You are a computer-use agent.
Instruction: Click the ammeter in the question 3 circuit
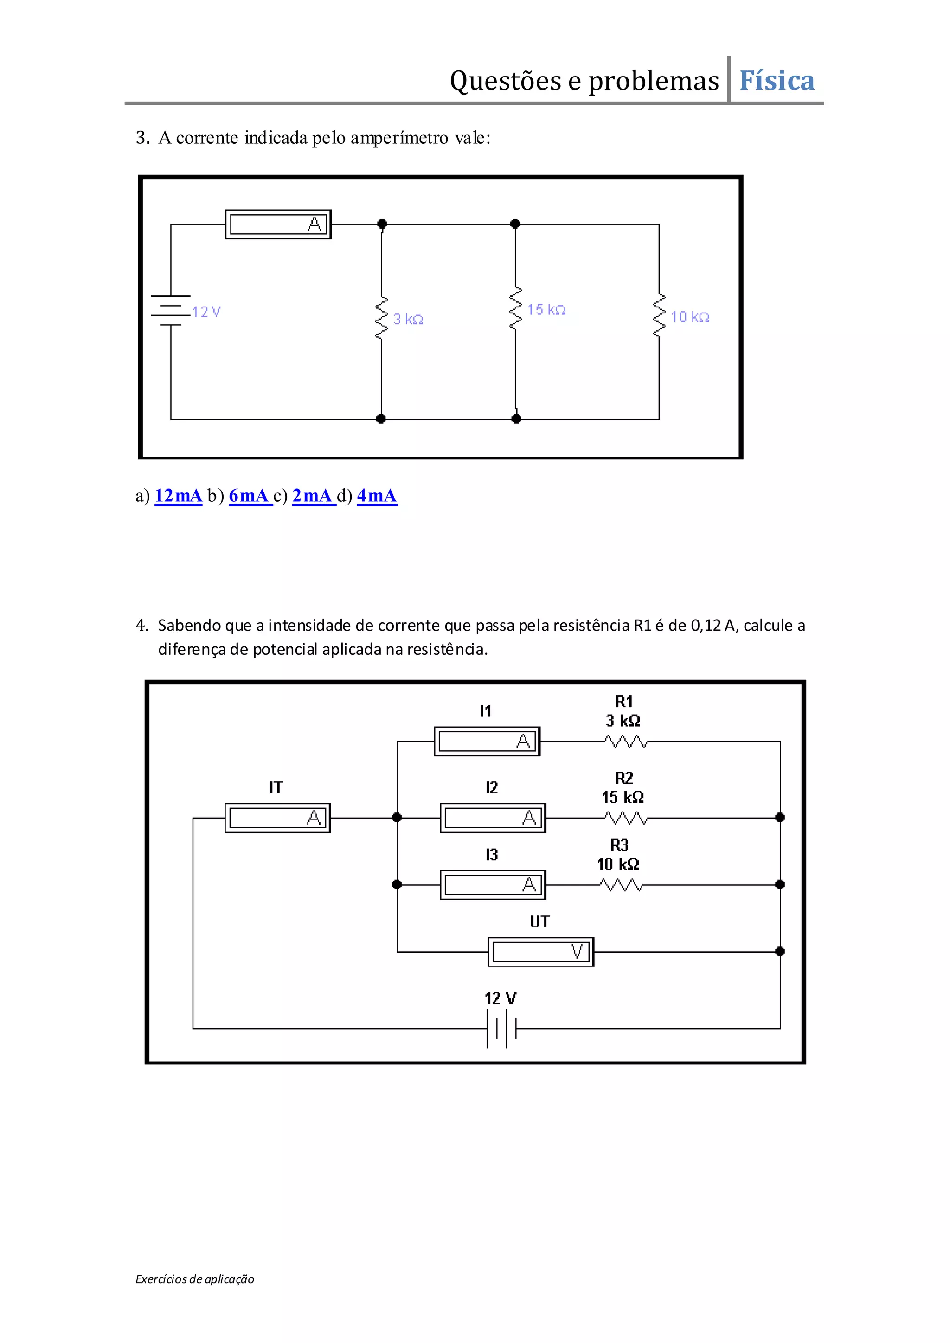click(x=278, y=224)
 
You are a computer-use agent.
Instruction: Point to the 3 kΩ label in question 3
click(x=408, y=320)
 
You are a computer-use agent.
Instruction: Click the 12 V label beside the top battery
click(x=206, y=312)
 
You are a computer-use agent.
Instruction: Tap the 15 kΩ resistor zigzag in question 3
click(x=515, y=308)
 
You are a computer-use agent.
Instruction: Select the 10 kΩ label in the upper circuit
click(x=690, y=317)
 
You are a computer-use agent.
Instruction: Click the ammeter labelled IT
click(x=278, y=818)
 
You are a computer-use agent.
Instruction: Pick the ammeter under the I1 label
click(x=487, y=741)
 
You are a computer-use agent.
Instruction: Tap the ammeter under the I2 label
click(x=493, y=818)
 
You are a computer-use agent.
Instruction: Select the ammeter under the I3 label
click(x=493, y=885)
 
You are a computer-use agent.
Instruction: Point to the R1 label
click(x=623, y=701)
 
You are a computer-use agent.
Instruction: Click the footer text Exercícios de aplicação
click(x=195, y=1279)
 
